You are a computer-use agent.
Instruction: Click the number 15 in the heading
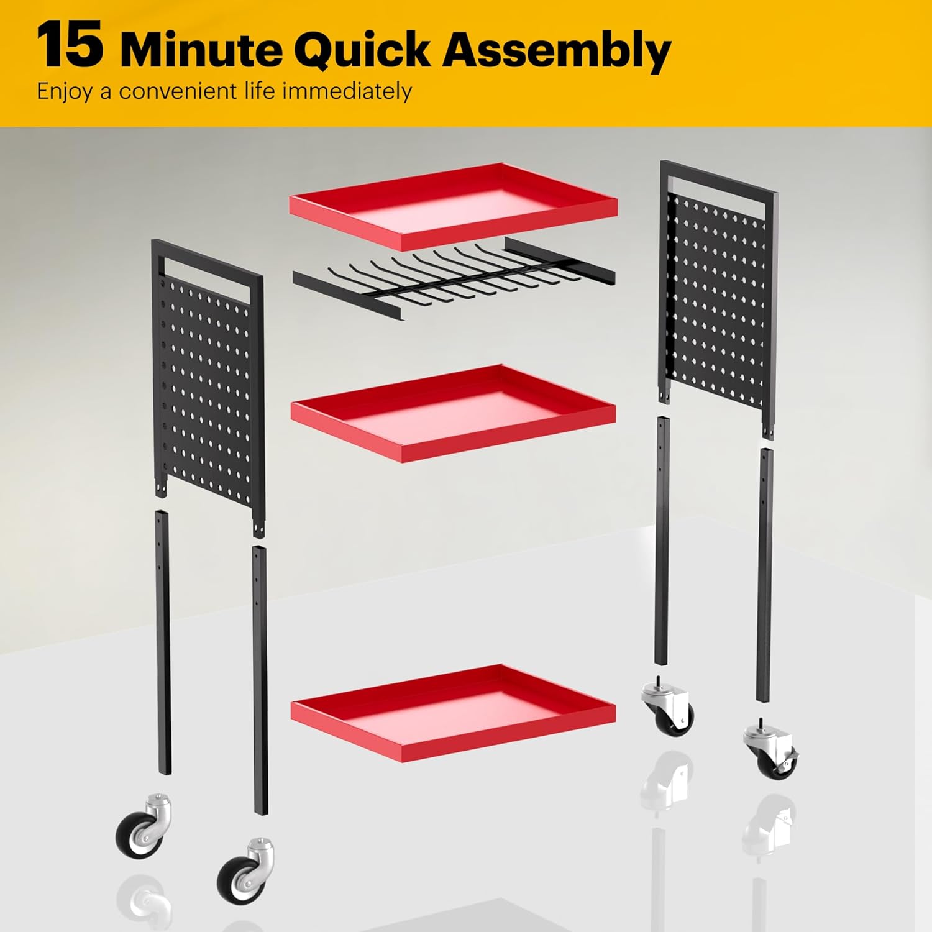tap(69, 47)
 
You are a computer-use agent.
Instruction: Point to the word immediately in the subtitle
tap(347, 92)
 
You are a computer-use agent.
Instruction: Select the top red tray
tap(454, 206)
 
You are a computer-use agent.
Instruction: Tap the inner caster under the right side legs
tap(668, 708)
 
